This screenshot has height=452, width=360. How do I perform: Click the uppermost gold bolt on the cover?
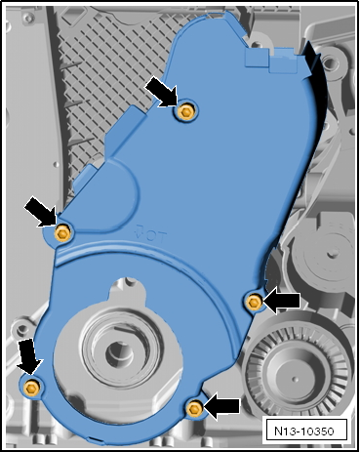[186, 112]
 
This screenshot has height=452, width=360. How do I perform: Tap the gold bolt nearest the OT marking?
[62, 233]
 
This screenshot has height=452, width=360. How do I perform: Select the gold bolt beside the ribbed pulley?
[255, 303]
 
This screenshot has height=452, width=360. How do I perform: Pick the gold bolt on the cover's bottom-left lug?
[32, 388]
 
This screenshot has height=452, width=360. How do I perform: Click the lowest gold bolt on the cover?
[194, 408]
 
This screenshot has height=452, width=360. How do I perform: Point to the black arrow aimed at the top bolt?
[162, 93]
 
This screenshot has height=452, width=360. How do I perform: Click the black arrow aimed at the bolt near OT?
[41, 212]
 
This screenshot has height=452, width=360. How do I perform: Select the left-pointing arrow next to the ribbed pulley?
[281, 301]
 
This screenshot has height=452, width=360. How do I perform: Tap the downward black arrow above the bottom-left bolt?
[28, 356]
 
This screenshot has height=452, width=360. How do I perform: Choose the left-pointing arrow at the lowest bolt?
[221, 406]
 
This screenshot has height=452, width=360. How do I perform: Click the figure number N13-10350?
[304, 431]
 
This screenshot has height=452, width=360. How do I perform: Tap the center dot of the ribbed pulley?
[295, 379]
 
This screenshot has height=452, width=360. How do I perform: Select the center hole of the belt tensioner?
[332, 253]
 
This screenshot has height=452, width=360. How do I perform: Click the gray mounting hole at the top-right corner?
[330, 62]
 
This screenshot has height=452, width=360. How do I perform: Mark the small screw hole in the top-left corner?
[29, 17]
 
